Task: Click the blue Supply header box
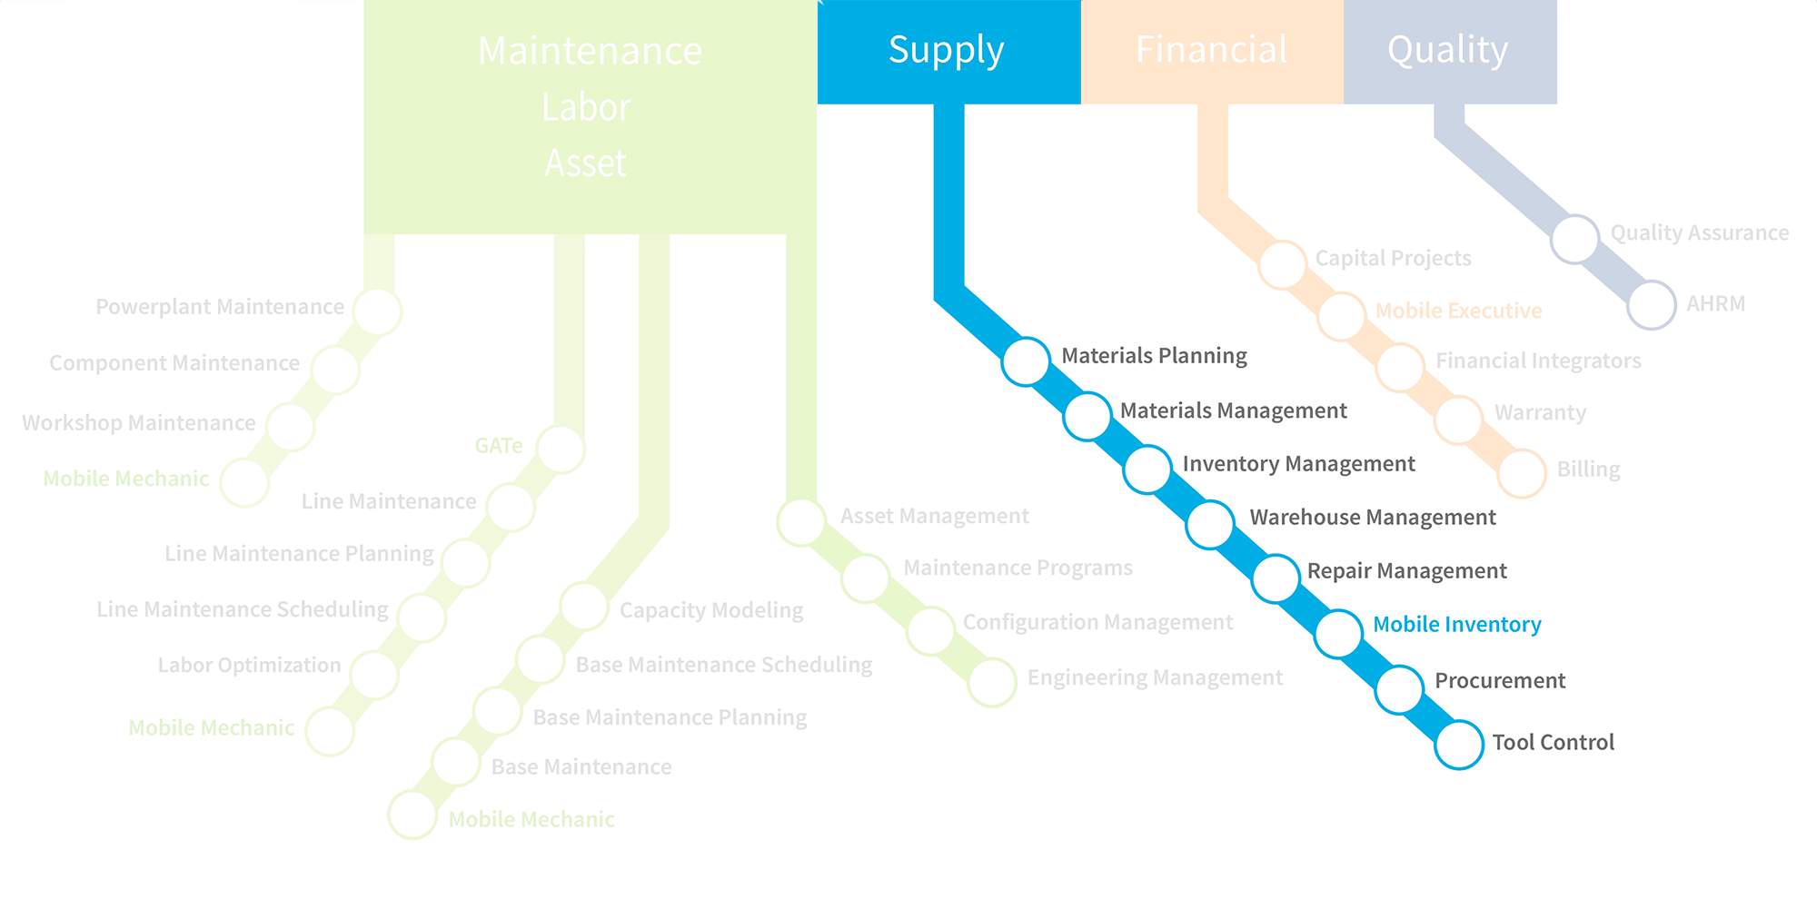click(x=949, y=52)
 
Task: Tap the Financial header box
click(x=1212, y=52)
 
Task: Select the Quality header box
click(x=1450, y=52)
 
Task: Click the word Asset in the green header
click(x=586, y=163)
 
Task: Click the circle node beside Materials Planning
click(x=1026, y=361)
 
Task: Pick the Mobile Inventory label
click(x=1457, y=625)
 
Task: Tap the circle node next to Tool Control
click(x=1459, y=745)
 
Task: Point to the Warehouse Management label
click(x=1373, y=518)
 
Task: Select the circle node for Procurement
click(x=1399, y=689)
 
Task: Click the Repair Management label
click(x=1407, y=571)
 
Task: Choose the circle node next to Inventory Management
click(x=1147, y=469)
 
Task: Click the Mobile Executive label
click(x=1459, y=311)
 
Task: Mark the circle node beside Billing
click(x=1522, y=473)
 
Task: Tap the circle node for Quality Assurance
click(x=1574, y=240)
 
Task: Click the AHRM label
click(x=1716, y=304)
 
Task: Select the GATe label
click(x=499, y=446)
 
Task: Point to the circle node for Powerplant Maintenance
click(x=377, y=311)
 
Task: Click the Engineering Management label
click(x=1155, y=678)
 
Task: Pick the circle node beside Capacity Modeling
click(x=584, y=606)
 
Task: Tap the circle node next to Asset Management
click(x=801, y=522)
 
